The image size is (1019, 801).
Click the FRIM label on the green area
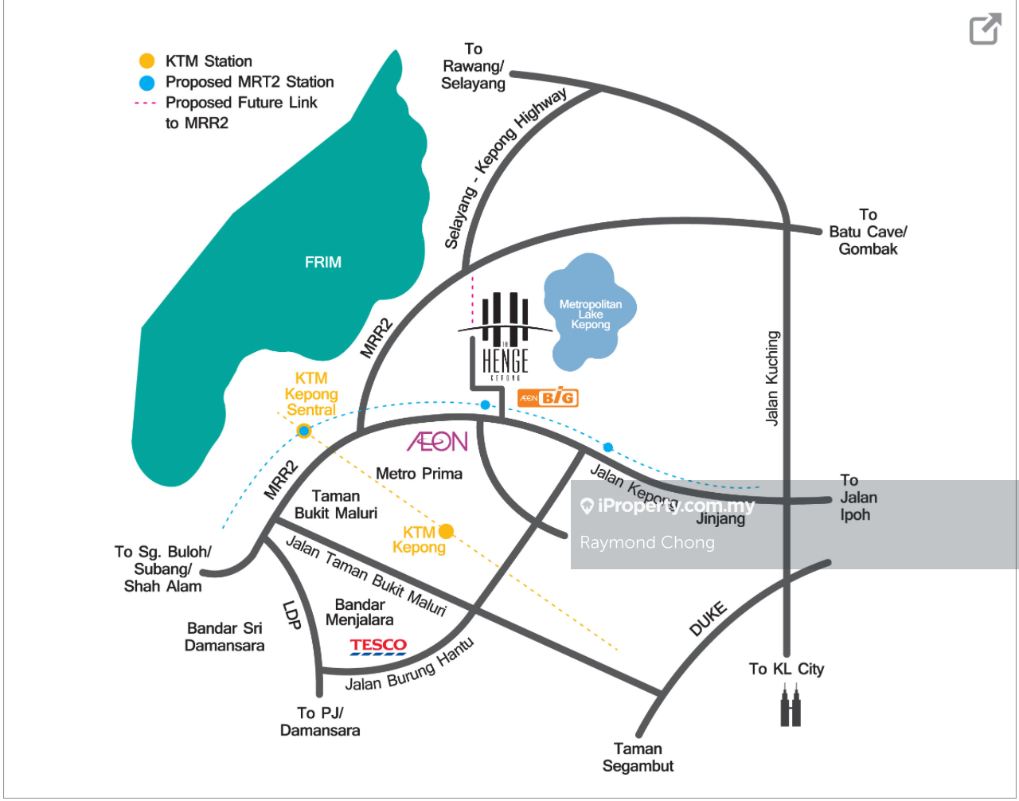pyautogui.click(x=322, y=262)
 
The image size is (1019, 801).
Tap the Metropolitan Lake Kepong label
pyautogui.click(x=591, y=315)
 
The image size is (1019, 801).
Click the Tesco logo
pyautogui.click(x=378, y=646)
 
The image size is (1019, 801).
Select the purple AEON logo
pyautogui.click(x=437, y=441)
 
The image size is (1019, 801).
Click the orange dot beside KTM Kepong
pyautogui.click(x=447, y=531)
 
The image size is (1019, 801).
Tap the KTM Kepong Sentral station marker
pyautogui.click(x=303, y=431)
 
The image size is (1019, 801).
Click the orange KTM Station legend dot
pyautogui.click(x=146, y=61)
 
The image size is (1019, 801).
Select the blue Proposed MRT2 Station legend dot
pyautogui.click(x=146, y=82)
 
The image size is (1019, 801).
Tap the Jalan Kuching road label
pyautogui.click(x=772, y=378)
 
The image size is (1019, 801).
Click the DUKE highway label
pyautogui.click(x=708, y=619)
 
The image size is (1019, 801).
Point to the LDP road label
pyautogui.click(x=292, y=614)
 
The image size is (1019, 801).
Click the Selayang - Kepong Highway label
pyautogui.click(x=505, y=168)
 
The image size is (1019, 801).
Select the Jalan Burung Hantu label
pyautogui.click(x=410, y=667)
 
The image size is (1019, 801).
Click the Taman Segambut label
pyautogui.click(x=638, y=757)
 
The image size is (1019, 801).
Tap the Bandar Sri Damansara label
pyautogui.click(x=224, y=637)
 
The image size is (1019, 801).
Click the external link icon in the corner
pyautogui.click(x=985, y=29)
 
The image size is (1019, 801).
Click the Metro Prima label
pyautogui.click(x=419, y=474)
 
